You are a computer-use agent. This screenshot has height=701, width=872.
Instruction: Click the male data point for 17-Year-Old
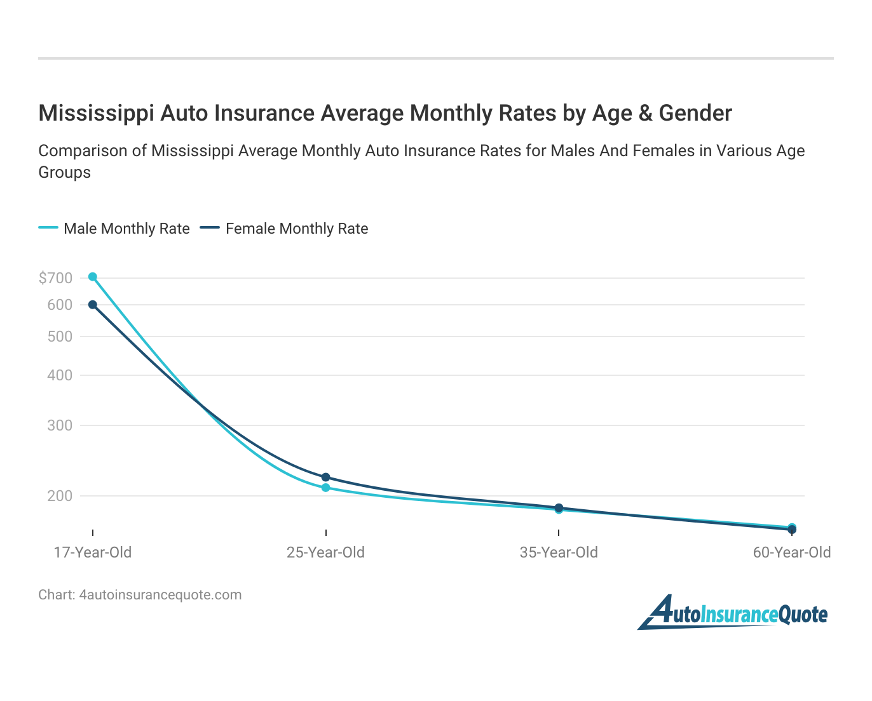tap(93, 277)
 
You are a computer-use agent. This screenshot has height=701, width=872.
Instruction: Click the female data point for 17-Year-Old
tap(93, 305)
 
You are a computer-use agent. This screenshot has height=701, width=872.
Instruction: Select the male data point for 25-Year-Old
tap(325, 488)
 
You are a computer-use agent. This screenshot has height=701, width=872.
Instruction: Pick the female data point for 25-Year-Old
tap(325, 477)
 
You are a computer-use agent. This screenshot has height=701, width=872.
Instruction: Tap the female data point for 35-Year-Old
tap(559, 507)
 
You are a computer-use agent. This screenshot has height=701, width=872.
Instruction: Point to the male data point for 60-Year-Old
tap(792, 527)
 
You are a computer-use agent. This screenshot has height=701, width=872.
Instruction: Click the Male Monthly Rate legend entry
tap(114, 229)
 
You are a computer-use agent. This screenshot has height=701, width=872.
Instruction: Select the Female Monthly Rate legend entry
tap(284, 229)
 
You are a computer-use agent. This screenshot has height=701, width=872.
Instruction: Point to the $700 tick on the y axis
tap(55, 278)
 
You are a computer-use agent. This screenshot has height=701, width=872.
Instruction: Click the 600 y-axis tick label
tap(60, 305)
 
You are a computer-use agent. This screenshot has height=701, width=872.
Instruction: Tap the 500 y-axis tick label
tap(60, 337)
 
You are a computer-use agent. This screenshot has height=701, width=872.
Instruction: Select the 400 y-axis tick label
tap(60, 375)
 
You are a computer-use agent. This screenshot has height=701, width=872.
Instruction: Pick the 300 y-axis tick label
tap(60, 425)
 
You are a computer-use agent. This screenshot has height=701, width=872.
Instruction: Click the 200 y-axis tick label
tap(60, 496)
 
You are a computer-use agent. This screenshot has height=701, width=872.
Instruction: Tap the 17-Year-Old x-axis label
tap(93, 552)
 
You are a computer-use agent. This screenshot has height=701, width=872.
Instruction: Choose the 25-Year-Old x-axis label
tap(325, 552)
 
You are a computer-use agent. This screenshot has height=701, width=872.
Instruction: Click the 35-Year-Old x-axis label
tap(559, 552)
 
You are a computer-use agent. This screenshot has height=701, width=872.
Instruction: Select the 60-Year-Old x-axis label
tap(792, 552)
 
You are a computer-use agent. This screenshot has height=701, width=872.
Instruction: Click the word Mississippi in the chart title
tap(96, 113)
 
